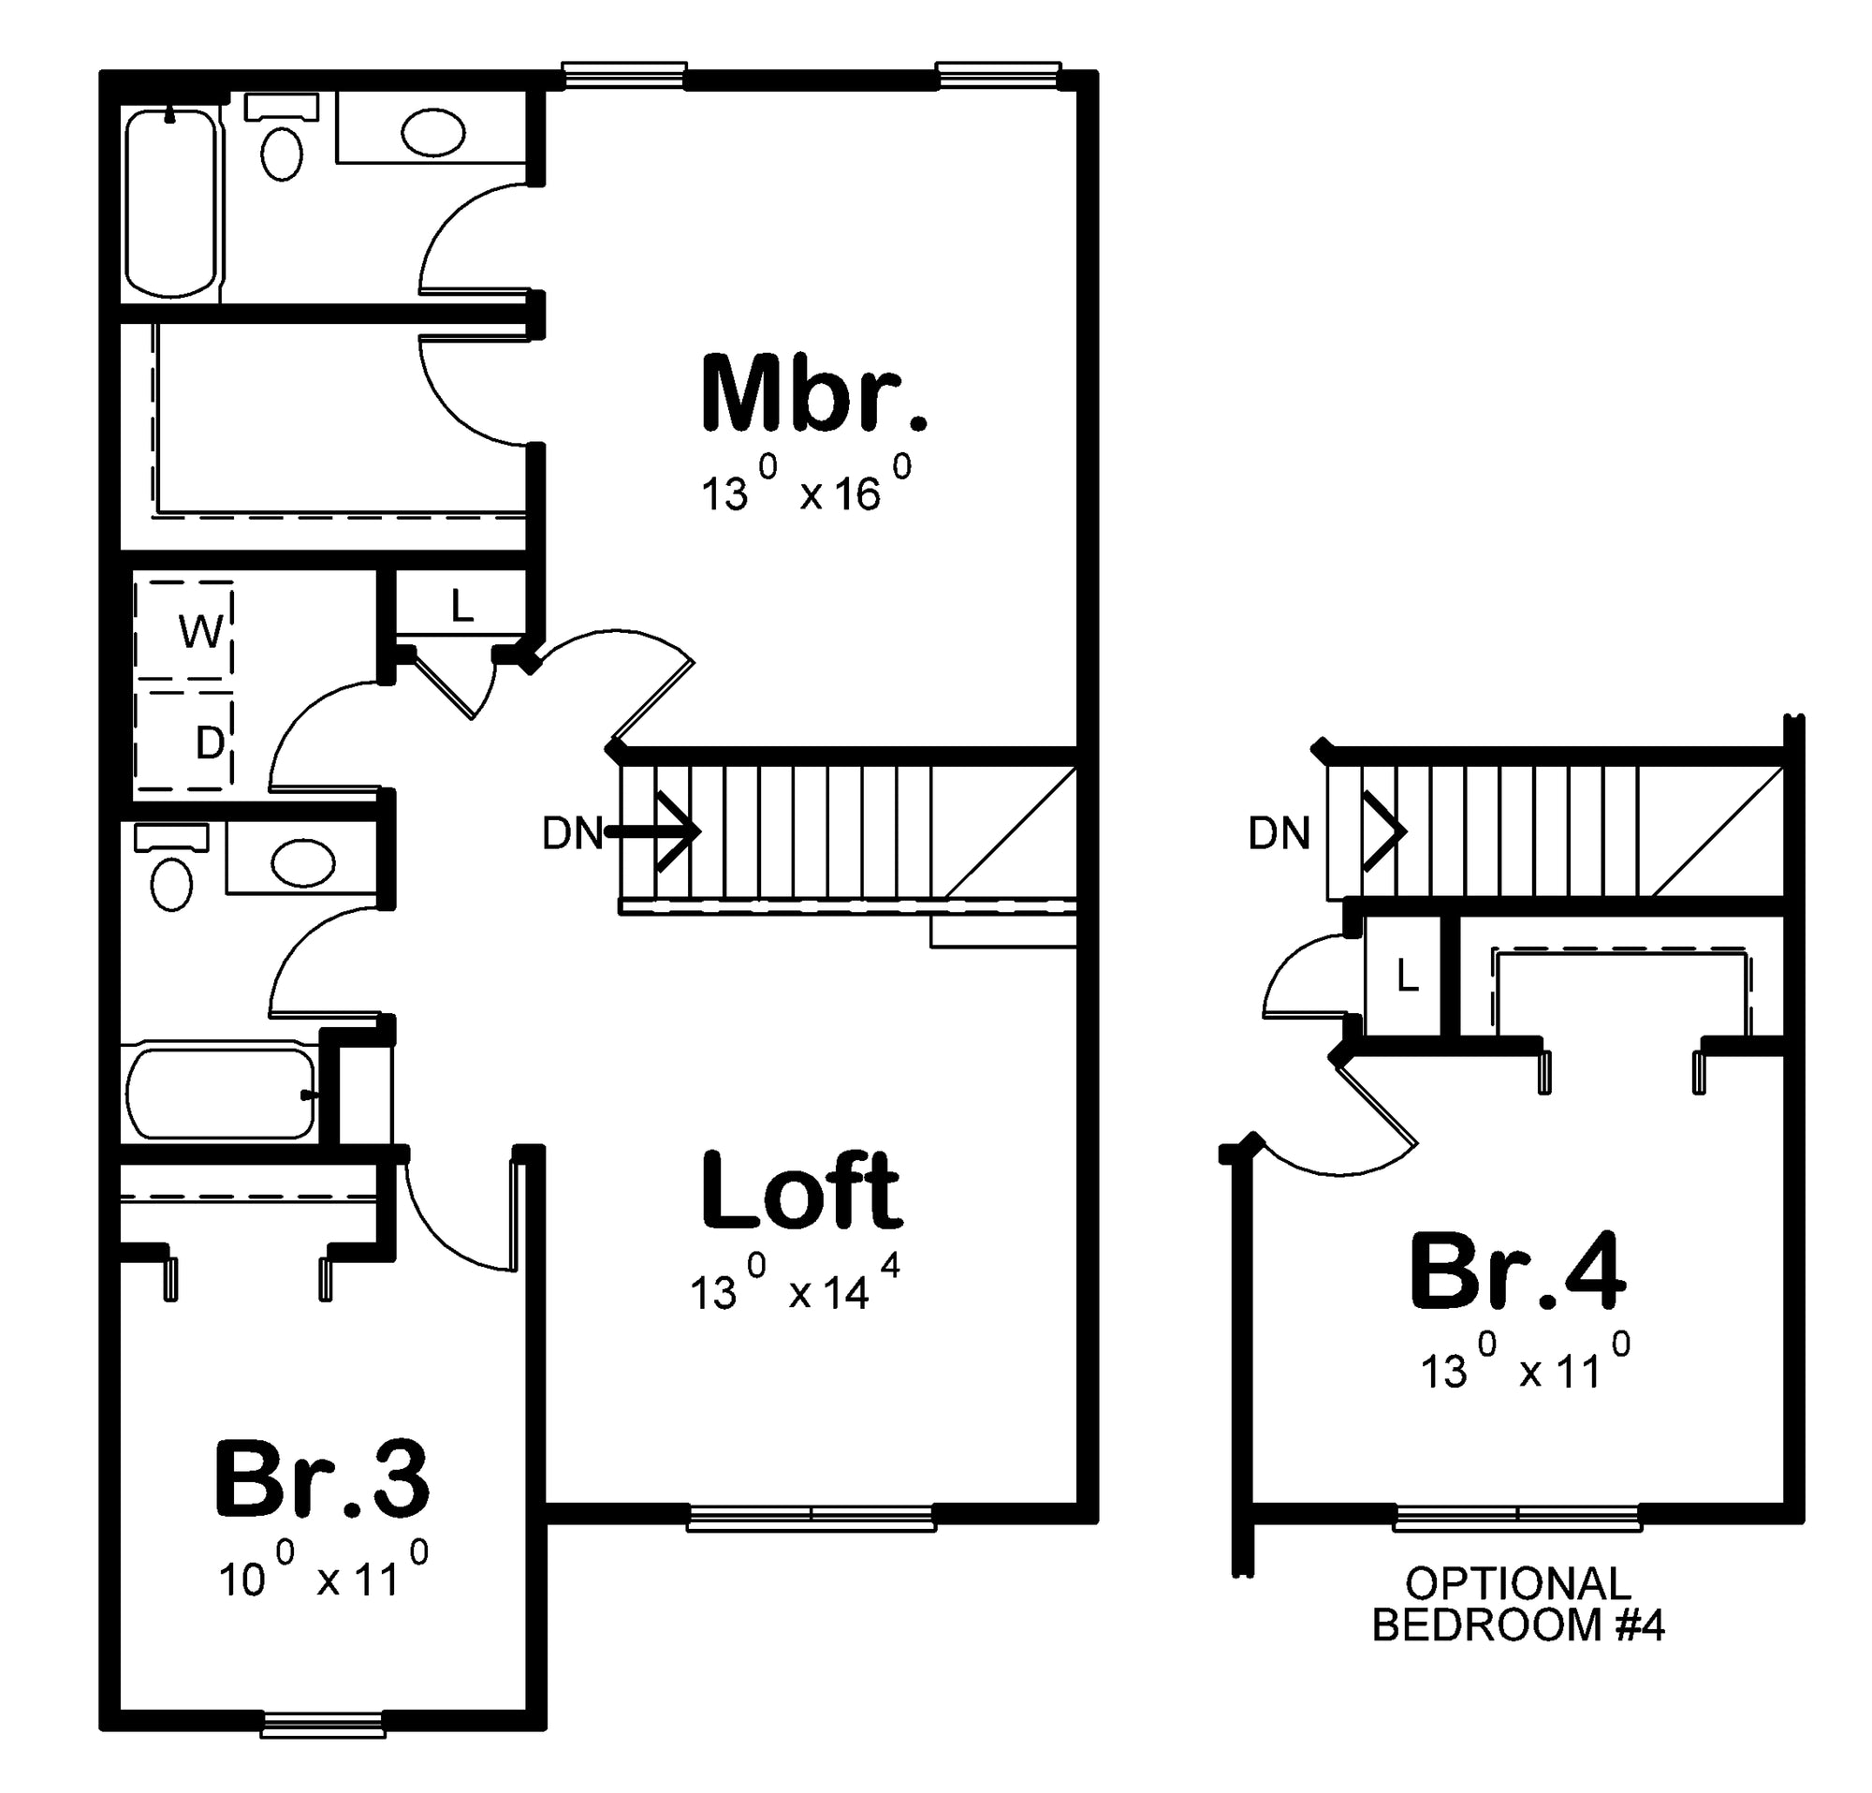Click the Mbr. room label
[813, 392]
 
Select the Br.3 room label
[322, 1477]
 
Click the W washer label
[200, 631]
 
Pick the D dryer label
[209, 742]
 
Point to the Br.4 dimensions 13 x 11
[1525, 1362]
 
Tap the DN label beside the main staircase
[572, 833]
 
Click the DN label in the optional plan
[1279, 833]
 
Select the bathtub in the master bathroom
[172, 203]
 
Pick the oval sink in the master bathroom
[432, 133]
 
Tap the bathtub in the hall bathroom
[222, 1094]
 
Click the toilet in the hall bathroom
[172, 867]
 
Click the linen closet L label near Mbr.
[462, 605]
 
